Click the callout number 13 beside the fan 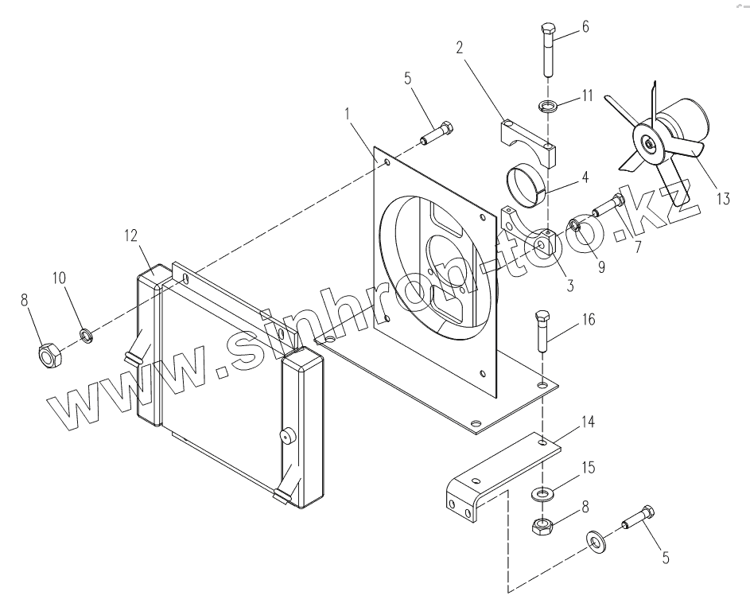point(725,198)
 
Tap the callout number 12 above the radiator point(130,235)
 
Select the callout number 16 point(589,319)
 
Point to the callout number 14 point(588,422)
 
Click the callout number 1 point(348,114)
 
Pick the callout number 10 point(60,278)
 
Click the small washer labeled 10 point(87,335)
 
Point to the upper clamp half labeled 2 point(530,142)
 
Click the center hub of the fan point(648,142)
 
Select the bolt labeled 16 point(543,331)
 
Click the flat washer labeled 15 point(542,493)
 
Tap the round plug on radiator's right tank point(287,436)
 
